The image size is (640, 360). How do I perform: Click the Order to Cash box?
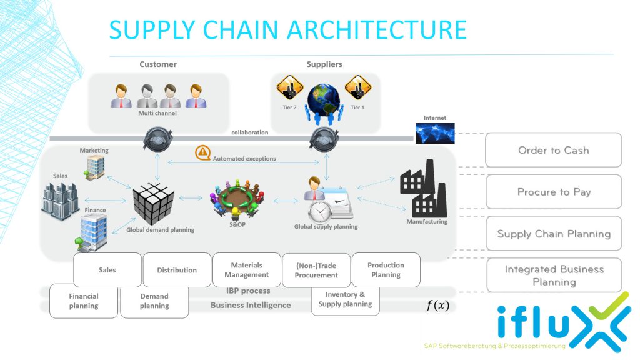(x=553, y=150)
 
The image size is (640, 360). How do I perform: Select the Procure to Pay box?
(x=553, y=192)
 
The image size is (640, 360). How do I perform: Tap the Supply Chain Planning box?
(x=553, y=234)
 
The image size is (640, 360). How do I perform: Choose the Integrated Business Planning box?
(x=553, y=276)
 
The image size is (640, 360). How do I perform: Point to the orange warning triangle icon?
(x=202, y=152)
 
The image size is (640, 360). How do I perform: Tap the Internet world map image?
(x=435, y=132)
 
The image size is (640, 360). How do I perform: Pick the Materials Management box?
(x=246, y=270)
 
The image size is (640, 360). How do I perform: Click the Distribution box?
(x=177, y=270)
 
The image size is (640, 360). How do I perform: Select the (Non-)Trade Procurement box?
(x=316, y=271)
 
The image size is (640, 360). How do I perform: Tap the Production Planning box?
(x=386, y=270)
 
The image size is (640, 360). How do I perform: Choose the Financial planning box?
(x=84, y=301)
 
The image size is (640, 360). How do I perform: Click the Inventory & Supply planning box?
(x=345, y=299)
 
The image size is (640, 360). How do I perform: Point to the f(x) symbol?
(x=437, y=306)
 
